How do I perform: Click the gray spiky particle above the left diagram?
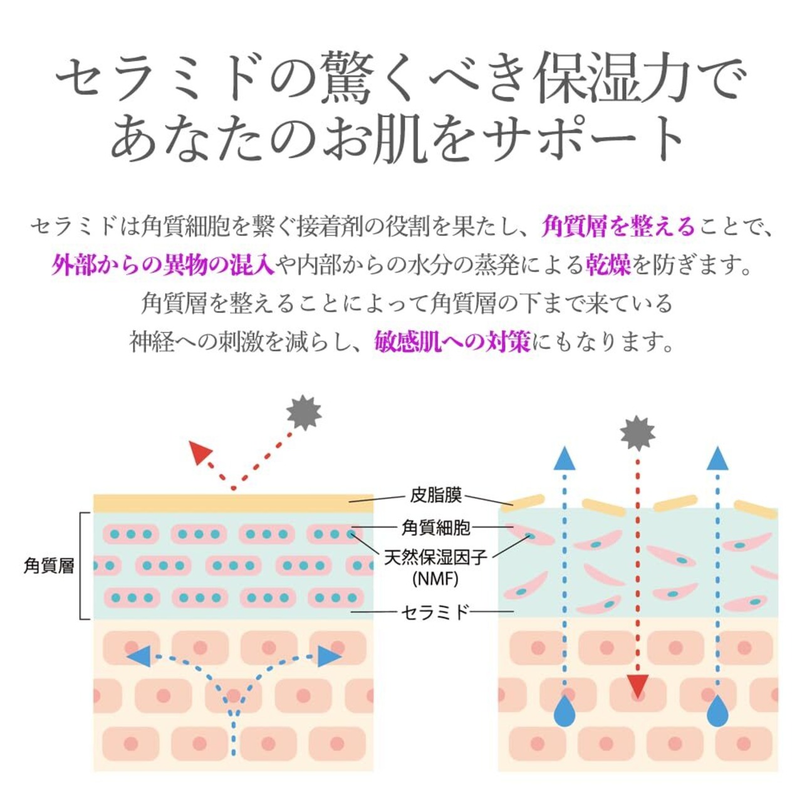click(x=304, y=413)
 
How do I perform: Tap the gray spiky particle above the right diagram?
click(x=637, y=433)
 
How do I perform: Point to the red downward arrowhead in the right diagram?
click(x=637, y=687)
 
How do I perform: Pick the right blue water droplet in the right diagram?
click(x=717, y=711)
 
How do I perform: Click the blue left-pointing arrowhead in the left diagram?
click(x=139, y=657)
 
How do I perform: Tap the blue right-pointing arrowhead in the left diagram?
click(x=328, y=656)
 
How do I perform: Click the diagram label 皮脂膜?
click(x=436, y=495)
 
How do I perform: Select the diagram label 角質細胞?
click(x=436, y=528)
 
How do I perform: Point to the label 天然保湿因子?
click(x=436, y=556)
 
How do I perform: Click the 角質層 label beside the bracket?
click(x=49, y=566)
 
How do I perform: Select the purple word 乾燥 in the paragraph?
click(x=608, y=266)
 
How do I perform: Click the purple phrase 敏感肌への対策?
click(x=452, y=341)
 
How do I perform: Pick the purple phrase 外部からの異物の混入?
click(x=163, y=266)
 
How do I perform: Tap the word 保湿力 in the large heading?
click(x=613, y=80)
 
